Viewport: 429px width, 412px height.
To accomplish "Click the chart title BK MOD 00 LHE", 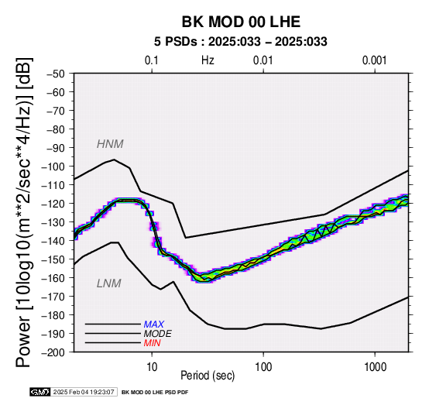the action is point(241,22).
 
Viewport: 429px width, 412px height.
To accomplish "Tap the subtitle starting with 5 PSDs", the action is point(241,42).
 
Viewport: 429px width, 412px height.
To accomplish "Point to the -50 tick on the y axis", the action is point(56,74).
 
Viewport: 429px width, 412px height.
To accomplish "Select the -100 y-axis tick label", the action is point(53,167).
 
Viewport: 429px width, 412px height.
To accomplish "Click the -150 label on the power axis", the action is point(53,259).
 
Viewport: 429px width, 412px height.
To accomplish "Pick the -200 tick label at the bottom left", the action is point(53,352).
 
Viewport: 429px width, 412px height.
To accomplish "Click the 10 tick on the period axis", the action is point(152,367).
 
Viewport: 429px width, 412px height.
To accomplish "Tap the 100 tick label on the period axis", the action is point(263,367).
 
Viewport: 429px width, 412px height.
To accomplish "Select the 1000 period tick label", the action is point(375,367).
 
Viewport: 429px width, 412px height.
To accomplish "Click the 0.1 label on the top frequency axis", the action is point(152,60).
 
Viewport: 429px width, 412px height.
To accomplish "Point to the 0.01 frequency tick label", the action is point(263,60).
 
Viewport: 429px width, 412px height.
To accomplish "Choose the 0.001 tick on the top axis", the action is point(374,60).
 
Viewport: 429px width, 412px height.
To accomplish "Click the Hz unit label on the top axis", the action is point(208,60).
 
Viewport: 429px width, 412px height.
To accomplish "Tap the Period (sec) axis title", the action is point(208,376).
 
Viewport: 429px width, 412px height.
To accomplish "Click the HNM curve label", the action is point(110,144).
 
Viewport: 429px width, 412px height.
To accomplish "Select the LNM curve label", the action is point(109,283).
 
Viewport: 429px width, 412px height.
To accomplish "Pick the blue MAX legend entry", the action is point(154,324).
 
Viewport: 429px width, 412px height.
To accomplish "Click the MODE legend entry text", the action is point(158,334).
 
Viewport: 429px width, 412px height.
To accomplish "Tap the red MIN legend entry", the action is point(152,343).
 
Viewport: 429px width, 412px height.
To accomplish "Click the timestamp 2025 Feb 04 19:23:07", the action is point(84,393).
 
